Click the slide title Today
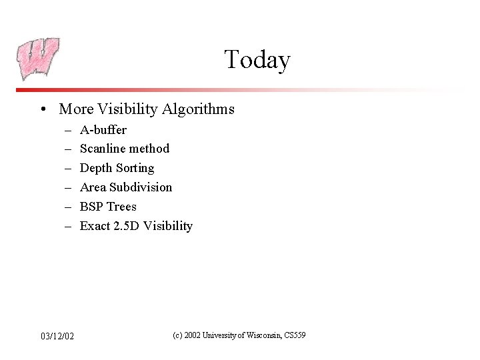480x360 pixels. point(257,60)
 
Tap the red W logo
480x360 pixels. point(38,58)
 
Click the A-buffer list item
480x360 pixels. point(103,129)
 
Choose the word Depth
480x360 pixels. point(96,168)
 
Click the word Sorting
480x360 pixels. point(135,168)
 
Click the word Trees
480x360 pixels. point(122,207)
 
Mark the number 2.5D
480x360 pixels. point(126,226)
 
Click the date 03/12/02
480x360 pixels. point(57,335)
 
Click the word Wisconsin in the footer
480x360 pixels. point(265,335)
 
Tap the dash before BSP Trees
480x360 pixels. point(68,207)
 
